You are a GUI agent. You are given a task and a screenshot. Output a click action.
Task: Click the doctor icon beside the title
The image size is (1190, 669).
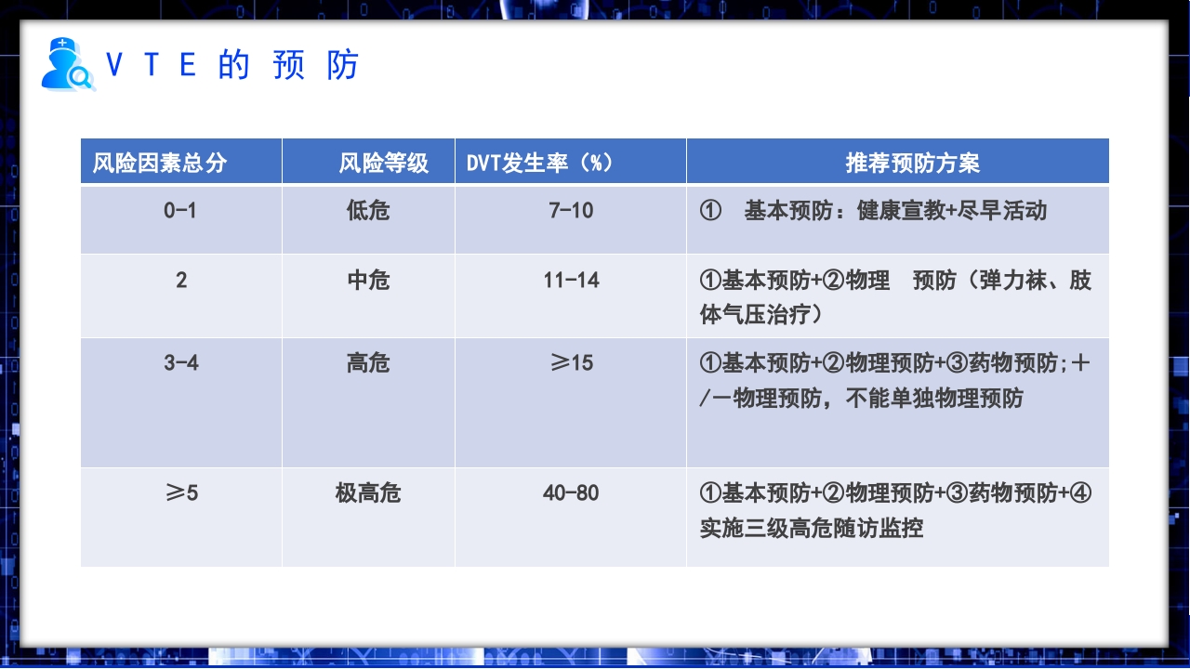coord(67,64)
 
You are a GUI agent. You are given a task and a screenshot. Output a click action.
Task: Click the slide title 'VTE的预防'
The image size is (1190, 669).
coord(232,65)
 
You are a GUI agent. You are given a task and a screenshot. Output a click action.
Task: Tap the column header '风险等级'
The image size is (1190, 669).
coord(383,164)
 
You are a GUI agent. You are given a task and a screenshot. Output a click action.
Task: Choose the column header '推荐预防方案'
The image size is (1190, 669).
coord(912,164)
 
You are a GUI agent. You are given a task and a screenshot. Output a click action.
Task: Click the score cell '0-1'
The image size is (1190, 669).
coord(180,210)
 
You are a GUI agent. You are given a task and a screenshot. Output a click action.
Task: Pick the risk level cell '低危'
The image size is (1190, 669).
coord(368,211)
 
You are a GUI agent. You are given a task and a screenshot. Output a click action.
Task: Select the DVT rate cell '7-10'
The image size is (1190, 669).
coord(571,210)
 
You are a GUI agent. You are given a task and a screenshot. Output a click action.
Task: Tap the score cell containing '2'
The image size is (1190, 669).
coord(181,280)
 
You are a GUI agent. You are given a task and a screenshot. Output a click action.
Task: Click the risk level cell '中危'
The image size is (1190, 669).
coord(368,280)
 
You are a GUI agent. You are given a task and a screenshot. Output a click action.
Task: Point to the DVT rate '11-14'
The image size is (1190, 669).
coord(571,280)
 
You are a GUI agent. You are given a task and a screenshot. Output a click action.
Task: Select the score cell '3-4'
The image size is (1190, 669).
coord(181,362)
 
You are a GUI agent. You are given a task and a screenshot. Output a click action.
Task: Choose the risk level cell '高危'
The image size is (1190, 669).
coord(368,362)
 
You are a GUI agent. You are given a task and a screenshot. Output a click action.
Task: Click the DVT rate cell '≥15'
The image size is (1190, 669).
coord(571,362)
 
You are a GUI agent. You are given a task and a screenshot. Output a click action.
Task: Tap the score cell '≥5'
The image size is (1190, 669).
coord(181,492)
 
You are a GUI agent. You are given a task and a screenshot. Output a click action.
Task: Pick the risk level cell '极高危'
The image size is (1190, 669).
coord(368,492)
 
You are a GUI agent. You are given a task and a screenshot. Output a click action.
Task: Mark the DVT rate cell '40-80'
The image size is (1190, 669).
coord(571,492)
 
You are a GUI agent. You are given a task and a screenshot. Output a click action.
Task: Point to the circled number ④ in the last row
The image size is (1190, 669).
coord(1080,492)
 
